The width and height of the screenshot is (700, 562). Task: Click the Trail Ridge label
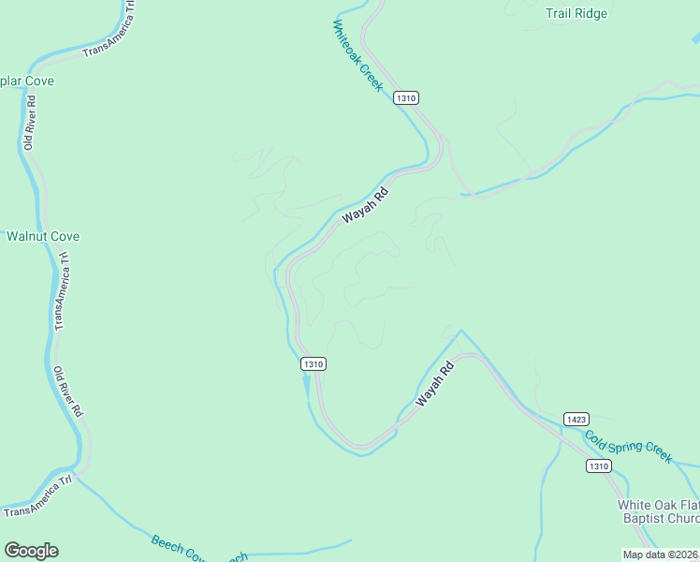click(576, 14)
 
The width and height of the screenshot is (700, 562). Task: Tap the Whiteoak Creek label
click(357, 56)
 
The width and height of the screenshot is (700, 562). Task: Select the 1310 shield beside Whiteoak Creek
click(405, 97)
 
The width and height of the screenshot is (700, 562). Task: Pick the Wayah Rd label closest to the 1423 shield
click(435, 383)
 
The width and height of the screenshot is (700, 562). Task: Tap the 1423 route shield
click(576, 418)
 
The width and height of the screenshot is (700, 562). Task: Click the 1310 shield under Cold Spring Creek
click(599, 466)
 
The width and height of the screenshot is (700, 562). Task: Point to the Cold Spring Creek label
click(628, 446)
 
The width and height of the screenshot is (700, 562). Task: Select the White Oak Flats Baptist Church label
click(658, 511)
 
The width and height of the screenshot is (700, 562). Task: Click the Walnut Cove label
click(43, 236)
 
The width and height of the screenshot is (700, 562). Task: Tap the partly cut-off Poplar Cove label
click(27, 81)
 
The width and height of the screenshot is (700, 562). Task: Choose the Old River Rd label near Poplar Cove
click(30, 123)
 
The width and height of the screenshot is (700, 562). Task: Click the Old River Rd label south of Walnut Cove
click(67, 392)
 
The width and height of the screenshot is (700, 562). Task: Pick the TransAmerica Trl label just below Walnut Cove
click(62, 290)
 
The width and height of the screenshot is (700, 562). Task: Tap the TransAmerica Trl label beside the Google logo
click(37, 496)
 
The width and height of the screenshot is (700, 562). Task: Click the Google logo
click(31, 551)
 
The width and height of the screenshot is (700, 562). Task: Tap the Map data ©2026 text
click(661, 555)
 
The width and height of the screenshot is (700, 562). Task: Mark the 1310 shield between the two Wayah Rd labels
click(314, 363)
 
